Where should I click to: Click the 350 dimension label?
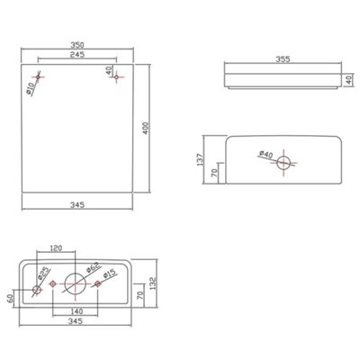77,45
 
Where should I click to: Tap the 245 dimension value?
77,55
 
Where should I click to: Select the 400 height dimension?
146,128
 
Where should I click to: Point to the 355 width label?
283,59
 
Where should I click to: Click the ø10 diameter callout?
31,87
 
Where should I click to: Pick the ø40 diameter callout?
265,155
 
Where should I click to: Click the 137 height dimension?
200,159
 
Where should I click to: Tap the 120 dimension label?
56,247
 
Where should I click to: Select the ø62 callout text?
93,267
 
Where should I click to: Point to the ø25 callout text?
44,274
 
